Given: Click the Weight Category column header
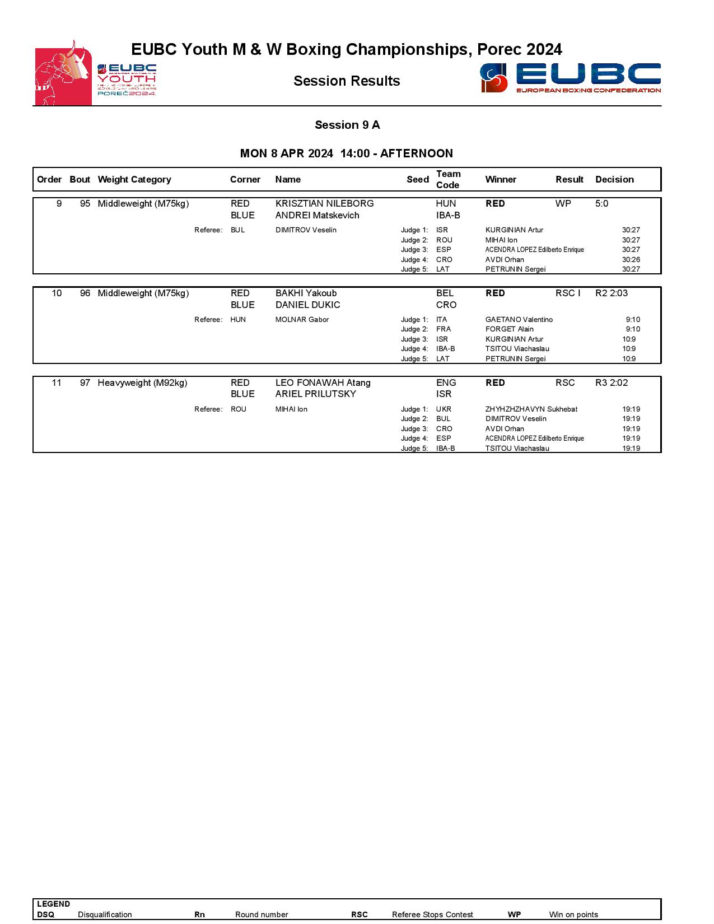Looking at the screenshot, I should (x=134, y=180).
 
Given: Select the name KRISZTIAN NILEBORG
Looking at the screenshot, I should (x=324, y=204).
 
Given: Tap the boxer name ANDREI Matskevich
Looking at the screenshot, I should (x=317, y=216).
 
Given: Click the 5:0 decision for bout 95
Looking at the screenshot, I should (x=601, y=204).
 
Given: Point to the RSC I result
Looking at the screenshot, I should (x=567, y=293).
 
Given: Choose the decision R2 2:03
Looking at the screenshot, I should (x=611, y=293).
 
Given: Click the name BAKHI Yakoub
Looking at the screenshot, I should (x=306, y=293).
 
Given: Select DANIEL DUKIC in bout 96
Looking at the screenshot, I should (x=307, y=305).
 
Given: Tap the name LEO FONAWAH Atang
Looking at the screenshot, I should (x=323, y=383).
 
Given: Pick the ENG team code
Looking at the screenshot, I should (x=446, y=383).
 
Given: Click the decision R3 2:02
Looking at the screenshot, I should (x=611, y=383).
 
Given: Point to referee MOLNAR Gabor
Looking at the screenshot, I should (x=302, y=320).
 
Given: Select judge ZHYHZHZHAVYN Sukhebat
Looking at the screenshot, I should (x=531, y=409).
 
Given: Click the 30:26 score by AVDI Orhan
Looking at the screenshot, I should (x=631, y=260).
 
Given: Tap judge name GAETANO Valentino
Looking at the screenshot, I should (x=519, y=320).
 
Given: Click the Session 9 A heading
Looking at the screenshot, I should (x=347, y=125).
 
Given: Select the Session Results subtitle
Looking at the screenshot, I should (x=347, y=81).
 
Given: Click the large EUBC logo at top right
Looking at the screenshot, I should (x=570, y=78).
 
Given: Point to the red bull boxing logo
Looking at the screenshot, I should (x=63, y=73).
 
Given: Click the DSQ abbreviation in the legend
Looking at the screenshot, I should (x=45, y=914).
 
